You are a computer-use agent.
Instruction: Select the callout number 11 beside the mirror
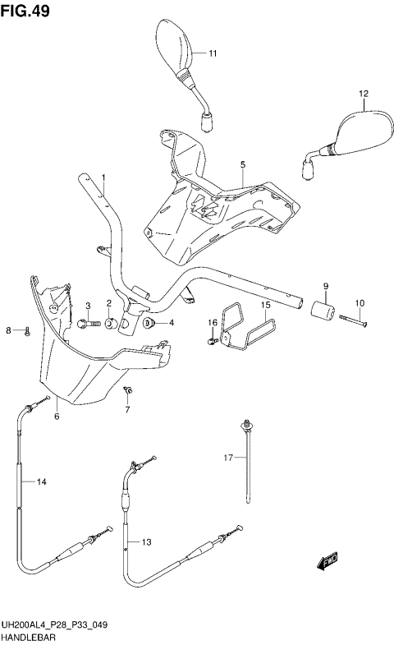pos(213,54)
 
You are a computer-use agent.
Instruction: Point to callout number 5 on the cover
pos(243,165)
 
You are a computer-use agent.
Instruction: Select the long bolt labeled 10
pos(352,322)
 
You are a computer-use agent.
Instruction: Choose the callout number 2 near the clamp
pos(108,304)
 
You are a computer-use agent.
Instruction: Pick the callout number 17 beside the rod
pos(230,456)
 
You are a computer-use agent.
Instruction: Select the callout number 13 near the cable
pos(146,542)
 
